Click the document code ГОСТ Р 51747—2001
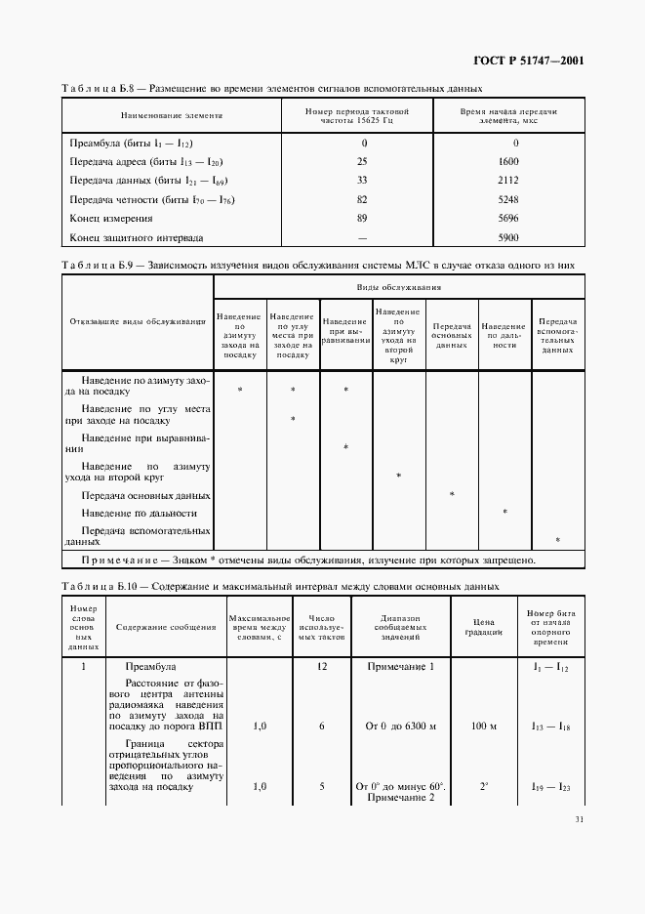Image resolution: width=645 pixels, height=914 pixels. click(x=528, y=62)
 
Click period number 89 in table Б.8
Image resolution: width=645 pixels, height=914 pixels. click(x=363, y=219)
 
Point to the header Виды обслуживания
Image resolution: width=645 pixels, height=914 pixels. click(x=399, y=288)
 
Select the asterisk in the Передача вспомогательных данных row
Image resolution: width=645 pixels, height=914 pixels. click(x=557, y=540)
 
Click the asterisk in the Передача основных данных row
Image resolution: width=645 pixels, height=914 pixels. click(x=452, y=495)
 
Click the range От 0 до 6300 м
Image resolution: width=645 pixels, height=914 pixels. click(x=400, y=727)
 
